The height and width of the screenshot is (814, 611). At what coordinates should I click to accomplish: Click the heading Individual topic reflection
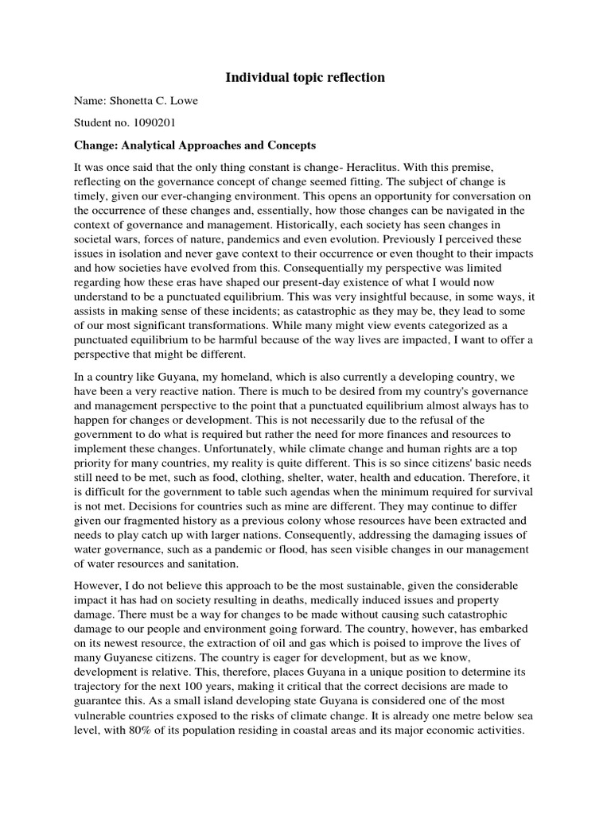(305, 77)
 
